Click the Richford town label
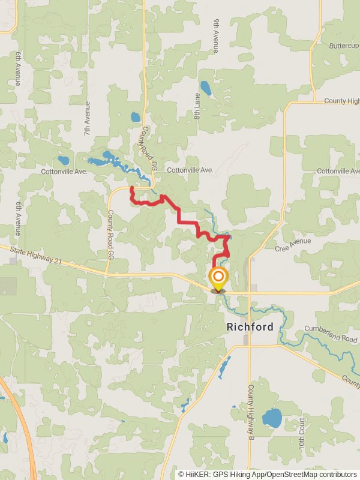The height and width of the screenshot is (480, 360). point(250,328)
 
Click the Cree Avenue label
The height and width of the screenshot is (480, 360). point(293,245)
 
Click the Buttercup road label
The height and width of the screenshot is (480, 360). point(343,46)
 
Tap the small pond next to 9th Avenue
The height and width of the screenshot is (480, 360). point(206,89)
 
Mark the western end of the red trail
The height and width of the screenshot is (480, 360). point(132,188)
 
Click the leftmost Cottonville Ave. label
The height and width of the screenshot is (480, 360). point(64,172)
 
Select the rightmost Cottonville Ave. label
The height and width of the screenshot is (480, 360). point(338,171)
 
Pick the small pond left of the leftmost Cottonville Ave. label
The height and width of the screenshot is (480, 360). point(63,160)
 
